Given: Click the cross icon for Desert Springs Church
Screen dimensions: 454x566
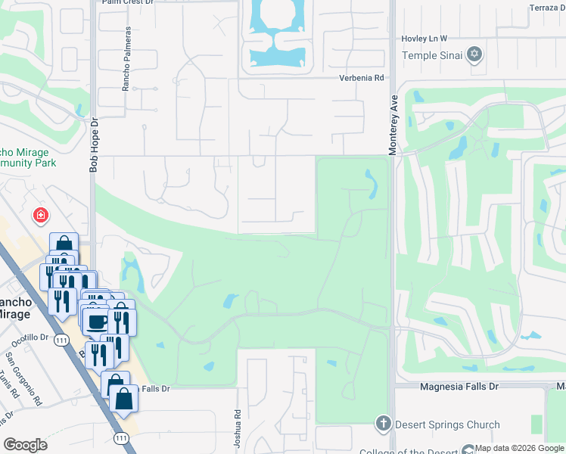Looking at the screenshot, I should click(384, 424).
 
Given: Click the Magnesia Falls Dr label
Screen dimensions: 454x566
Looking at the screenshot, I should click(459, 387).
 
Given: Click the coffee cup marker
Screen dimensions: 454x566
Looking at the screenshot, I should click(96, 322).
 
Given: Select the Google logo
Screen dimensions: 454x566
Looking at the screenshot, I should click(26, 445).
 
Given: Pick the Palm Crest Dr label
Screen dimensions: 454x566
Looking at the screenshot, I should click(127, 2).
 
